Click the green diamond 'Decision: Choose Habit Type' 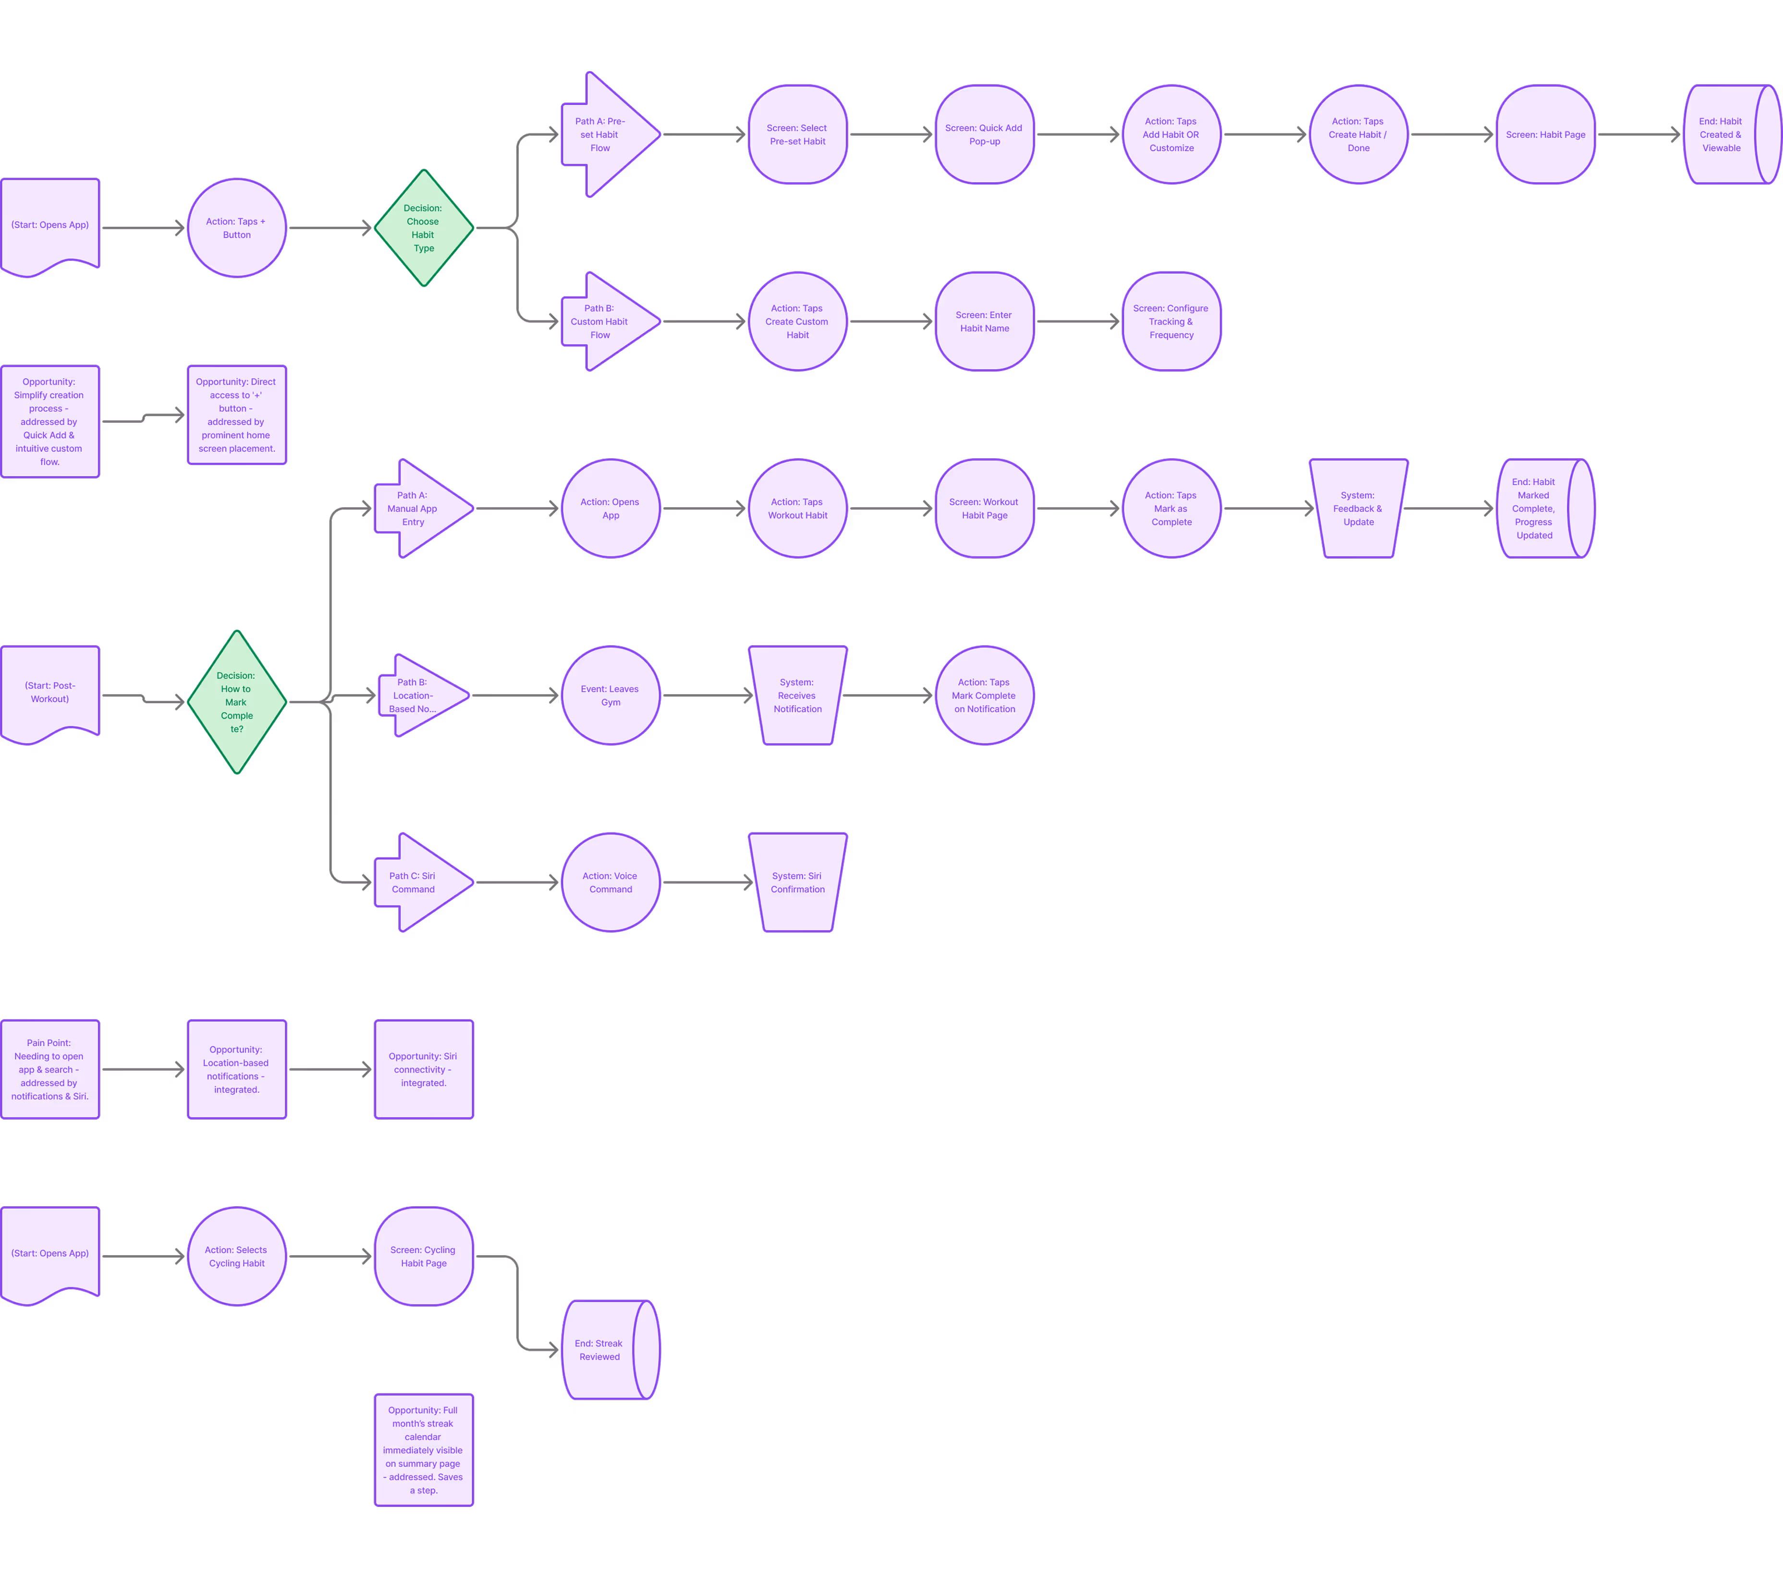pos(424,228)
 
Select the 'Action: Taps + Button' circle pos(236,228)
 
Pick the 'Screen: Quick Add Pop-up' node pos(984,135)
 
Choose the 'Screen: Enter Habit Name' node pos(984,321)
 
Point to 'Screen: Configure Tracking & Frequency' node pos(1171,321)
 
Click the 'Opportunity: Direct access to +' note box pos(236,415)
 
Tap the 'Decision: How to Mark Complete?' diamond pos(236,701)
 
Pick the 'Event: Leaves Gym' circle pos(611,695)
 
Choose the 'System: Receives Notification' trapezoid pos(797,695)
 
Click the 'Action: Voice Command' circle pos(611,882)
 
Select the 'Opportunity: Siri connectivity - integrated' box pos(424,1069)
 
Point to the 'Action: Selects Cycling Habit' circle pos(236,1256)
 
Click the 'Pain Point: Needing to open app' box pos(50,1069)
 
